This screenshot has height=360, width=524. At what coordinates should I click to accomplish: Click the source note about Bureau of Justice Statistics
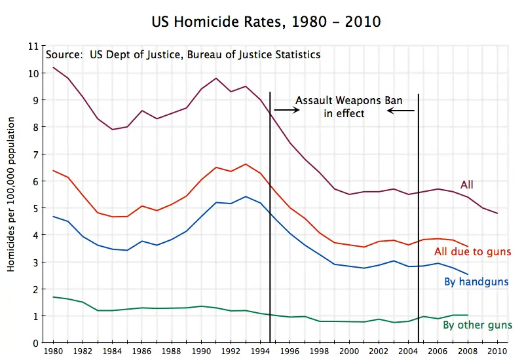183,55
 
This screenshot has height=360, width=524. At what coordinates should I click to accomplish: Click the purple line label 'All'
467,185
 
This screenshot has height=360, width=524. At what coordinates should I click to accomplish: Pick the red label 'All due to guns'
472,252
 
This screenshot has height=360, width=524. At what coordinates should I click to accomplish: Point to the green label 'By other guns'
477,325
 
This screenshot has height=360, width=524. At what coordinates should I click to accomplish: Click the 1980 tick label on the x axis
53,351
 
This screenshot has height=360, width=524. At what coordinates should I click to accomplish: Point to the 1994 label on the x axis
261,351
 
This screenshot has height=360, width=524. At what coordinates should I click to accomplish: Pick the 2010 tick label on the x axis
498,351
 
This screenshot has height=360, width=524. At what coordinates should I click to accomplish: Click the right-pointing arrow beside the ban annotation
286,110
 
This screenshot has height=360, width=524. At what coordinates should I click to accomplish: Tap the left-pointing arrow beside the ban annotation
400,111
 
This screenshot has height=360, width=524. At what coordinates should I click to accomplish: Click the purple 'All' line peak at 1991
216,79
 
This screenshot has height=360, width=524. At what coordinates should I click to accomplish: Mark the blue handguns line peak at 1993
246,196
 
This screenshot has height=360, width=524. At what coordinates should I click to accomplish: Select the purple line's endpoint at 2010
498,213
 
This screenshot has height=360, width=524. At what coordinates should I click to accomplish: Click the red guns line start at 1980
53,170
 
